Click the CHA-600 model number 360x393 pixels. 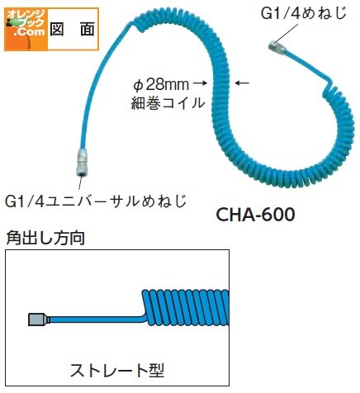(255, 215)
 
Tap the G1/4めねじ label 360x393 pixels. (304, 14)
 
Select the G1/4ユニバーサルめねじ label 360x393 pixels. (96, 201)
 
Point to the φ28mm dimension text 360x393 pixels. (162, 85)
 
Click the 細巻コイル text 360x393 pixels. (168, 103)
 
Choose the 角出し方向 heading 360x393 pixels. (45, 238)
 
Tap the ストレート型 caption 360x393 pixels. (117, 370)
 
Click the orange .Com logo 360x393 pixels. (26, 30)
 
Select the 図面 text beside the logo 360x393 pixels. (73, 29)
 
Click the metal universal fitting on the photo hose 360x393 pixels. (81, 163)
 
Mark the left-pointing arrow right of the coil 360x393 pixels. (242, 83)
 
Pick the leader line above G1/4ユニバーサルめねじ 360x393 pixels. (80, 182)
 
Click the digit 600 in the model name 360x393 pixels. (278, 215)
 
